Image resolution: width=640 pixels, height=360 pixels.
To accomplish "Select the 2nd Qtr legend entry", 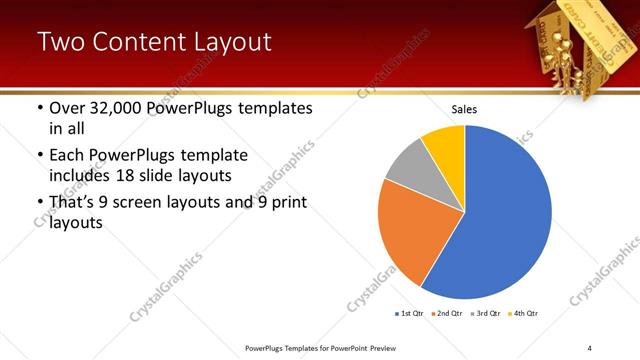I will (447, 313).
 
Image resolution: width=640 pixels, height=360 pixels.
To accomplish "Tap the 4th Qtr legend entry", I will (525, 313).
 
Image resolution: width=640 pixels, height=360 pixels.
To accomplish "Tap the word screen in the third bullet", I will (147, 202).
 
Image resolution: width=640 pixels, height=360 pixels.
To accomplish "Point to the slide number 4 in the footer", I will (590, 347).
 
